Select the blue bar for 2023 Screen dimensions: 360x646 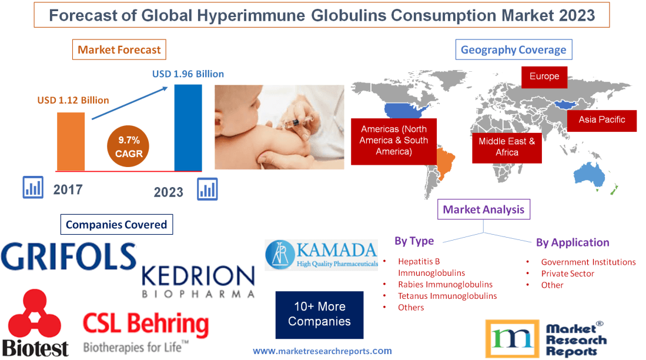pos(188,127)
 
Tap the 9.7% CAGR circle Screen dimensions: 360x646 pos(129,146)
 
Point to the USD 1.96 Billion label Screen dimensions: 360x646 pos(188,74)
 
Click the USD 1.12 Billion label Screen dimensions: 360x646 pos(73,100)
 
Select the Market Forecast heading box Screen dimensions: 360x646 pos(119,50)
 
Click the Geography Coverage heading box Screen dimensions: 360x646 pos(513,50)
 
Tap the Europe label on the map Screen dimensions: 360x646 pos(544,76)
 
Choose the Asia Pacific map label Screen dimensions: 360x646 pos(601,119)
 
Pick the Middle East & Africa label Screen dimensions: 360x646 pos(507,146)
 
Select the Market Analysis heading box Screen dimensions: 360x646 pos(483,209)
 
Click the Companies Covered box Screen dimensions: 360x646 pos(116,224)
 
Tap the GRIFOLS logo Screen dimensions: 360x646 pos(69,256)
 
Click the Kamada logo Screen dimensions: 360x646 pos(321,254)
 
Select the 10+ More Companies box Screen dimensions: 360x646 pos(319,314)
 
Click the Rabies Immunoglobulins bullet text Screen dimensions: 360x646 pos(445,284)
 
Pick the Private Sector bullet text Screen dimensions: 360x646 pos(567,274)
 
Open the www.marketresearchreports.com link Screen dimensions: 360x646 pos(322,351)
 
